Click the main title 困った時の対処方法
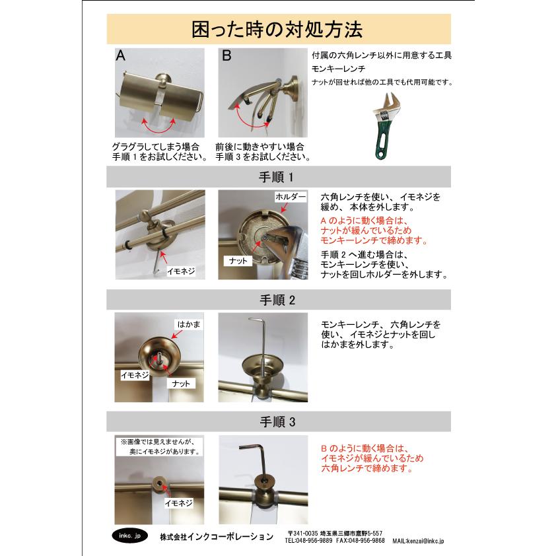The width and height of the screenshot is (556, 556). pyautogui.click(x=277, y=30)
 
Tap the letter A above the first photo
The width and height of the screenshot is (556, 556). pyautogui.click(x=121, y=57)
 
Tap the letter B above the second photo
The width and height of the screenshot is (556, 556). pyautogui.click(x=226, y=57)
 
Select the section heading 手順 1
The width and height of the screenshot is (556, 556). pyautogui.click(x=277, y=177)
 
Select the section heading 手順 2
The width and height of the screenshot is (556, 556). pyautogui.click(x=277, y=299)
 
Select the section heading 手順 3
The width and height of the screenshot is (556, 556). pyautogui.click(x=277, y=421)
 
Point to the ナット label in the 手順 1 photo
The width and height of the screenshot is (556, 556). pyautogui.click(x=238, y=261)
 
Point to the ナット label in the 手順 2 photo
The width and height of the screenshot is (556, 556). pyautogui.click(x=180, y=383)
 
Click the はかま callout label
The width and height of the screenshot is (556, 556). pyautogui.click(x=186, y=324)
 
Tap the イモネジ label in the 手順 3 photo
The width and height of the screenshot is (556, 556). pyautogui.click(x=178, y=503)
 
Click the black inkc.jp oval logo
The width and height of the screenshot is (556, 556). pyautogui.click(x=125, y=536)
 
